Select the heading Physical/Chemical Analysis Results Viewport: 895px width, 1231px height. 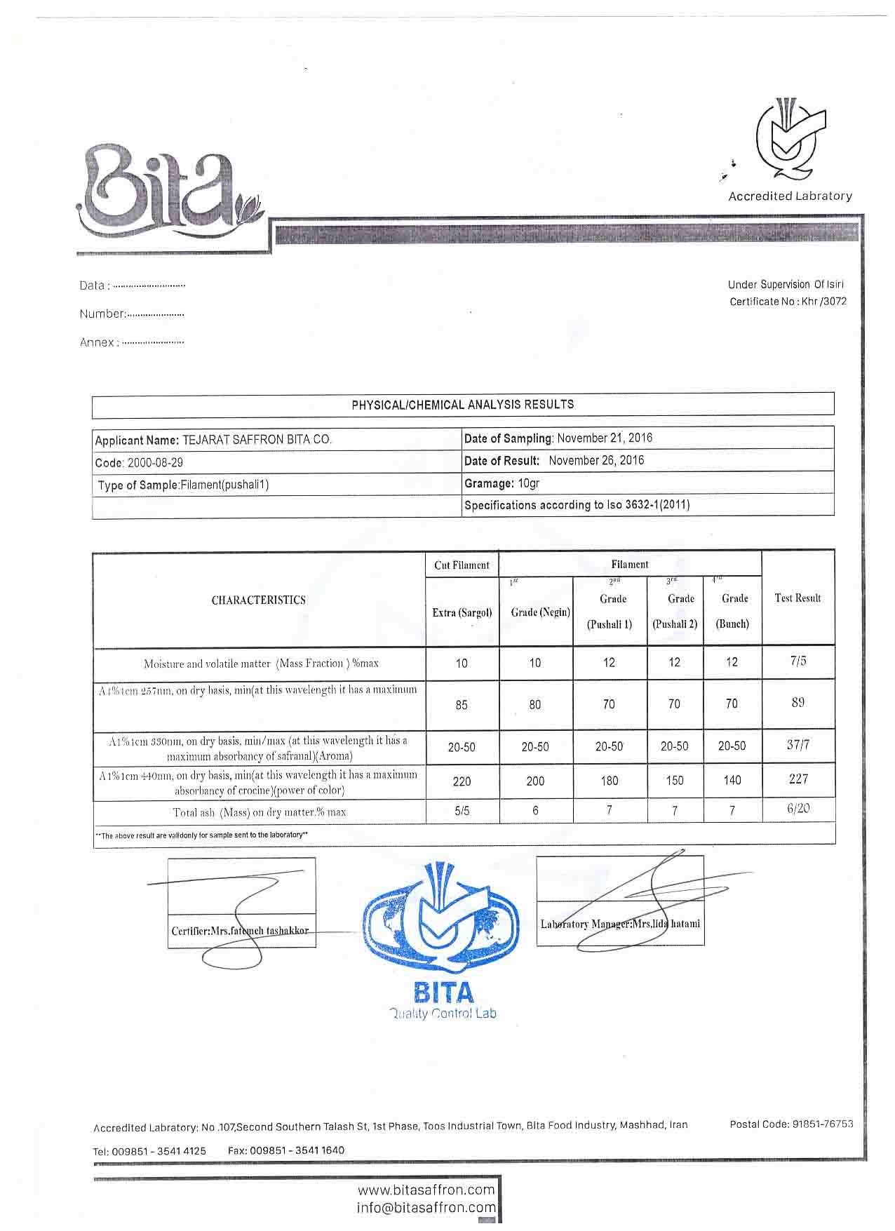point(463,405)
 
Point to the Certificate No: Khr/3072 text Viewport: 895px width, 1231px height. point(788,302)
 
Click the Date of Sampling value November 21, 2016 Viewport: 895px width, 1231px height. point(605,438)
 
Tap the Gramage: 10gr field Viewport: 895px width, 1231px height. point(502,483)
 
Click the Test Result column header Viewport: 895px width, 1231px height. point(798,598)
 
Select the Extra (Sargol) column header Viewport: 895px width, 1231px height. point(462,612)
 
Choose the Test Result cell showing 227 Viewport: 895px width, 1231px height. point(798,779)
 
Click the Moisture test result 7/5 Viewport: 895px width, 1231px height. point(798,661)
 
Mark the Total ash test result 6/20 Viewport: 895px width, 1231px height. point(798,809)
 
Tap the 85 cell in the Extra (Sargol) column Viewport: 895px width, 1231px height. point(462,705)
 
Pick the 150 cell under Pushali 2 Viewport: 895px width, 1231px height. point(674,780)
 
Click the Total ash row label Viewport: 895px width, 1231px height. point(260,812)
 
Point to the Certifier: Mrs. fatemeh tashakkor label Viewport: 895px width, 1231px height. point(240,931)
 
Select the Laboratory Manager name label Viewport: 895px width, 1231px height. point(620,924)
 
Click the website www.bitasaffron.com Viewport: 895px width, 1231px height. point(426,1190)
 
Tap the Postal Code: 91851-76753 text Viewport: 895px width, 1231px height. point(791,1124)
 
